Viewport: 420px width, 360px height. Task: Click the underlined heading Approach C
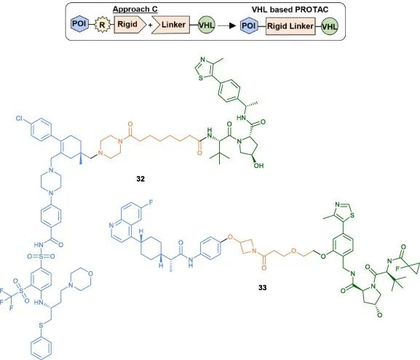point(135,9)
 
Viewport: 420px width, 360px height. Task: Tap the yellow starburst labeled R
point(102,25)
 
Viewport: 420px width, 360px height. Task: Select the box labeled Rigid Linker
point(290,26)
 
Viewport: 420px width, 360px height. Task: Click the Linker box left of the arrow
point(171,25)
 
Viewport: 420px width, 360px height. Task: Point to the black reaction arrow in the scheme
point(226,25)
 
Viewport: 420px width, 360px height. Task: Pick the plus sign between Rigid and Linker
point(150,25)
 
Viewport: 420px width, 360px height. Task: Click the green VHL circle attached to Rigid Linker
point(330,26)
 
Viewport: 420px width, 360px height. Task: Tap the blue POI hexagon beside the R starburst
point(79,24)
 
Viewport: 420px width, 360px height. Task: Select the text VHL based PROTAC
point(290,9)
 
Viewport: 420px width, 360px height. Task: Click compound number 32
point(140,179)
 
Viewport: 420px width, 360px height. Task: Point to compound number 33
point(263,287)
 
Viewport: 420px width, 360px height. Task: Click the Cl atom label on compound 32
point(19,119)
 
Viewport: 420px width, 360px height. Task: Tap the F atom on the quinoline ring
point(151,202)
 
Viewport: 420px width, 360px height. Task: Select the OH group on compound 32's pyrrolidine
point(258,165)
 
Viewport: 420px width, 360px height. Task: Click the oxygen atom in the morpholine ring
point(90,273)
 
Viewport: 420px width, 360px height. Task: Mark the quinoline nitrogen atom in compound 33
point(111,225)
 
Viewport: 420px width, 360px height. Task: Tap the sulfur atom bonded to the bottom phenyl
point(41,326)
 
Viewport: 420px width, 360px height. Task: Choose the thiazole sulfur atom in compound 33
point(352,215)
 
